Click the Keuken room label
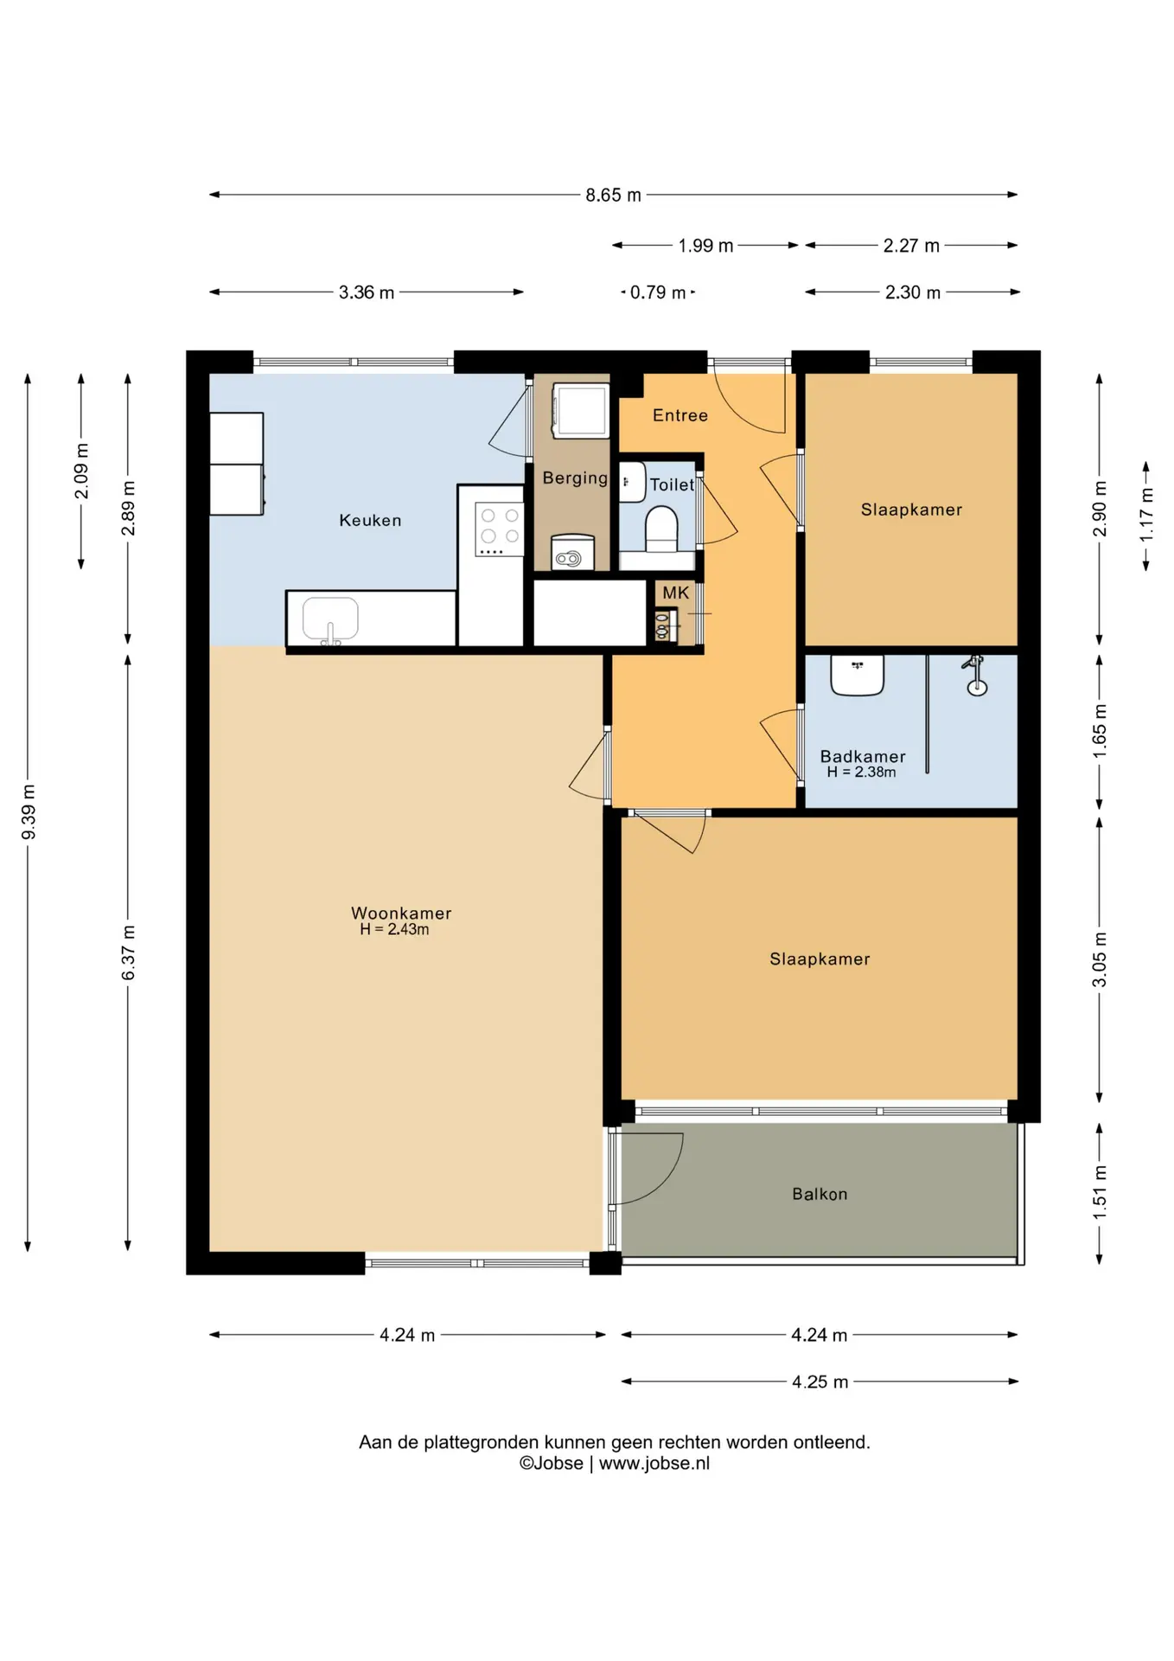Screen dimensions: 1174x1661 [x=370, y=520]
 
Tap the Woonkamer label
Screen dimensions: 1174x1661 [x=401, y=913]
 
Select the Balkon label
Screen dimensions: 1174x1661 [x=820, y=1194]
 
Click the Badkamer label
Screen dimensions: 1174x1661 [x=863, y=756]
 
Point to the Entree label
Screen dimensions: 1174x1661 [x=680, y=415]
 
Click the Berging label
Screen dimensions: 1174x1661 [x=575, y=478]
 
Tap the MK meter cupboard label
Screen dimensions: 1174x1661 [x=676, y=593]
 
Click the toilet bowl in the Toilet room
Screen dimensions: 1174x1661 [x=661, y=529]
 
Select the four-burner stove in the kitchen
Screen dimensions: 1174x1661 [x=500, y=530]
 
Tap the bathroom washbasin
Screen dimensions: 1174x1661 [x=858, y=675]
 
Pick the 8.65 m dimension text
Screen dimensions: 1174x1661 [x=614, y=196]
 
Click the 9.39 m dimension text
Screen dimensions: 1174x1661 [x=29, y=812]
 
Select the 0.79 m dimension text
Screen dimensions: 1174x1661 [x=658, y=292]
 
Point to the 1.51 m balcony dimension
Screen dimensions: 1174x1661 [x=1100, y=1193]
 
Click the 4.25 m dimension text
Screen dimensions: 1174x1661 [x=820, y=1382]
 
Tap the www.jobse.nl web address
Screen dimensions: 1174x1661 [x=654, y=1463]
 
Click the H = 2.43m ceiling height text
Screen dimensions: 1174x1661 [x=394, y=930]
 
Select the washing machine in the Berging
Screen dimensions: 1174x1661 [x=581, y=409]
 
